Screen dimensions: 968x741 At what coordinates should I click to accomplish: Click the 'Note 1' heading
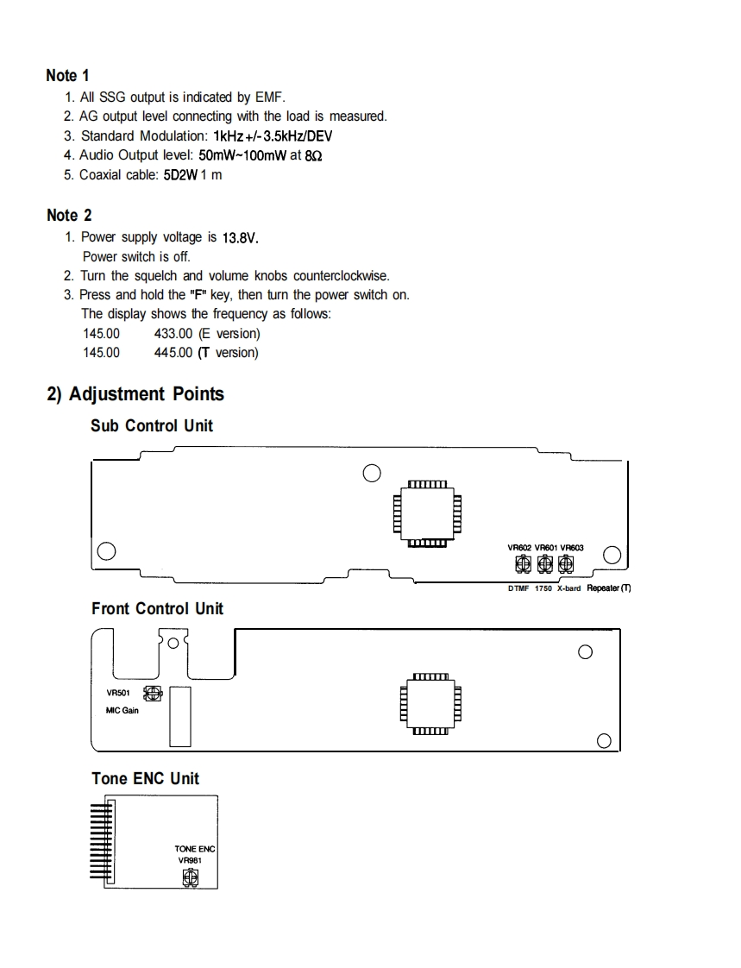68,76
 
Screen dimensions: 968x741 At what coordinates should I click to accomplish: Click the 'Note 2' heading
69,215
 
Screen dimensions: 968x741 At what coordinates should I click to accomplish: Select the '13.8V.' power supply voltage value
241,237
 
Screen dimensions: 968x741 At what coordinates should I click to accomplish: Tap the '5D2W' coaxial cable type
182,175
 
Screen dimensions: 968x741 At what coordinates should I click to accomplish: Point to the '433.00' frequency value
173,333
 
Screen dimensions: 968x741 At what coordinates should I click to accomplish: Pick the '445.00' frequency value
173,352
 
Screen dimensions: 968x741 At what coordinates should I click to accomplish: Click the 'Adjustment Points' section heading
146,394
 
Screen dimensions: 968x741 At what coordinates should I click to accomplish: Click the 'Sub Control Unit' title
152,425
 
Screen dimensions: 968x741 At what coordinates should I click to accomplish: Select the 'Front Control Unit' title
157,608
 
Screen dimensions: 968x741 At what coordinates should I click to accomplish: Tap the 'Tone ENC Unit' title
145,778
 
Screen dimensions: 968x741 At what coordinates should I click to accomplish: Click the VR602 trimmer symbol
522,564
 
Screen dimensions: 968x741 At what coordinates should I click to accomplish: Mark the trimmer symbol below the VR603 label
566,564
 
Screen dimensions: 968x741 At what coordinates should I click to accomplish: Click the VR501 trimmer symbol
154,693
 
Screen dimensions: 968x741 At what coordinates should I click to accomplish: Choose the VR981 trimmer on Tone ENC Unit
190,877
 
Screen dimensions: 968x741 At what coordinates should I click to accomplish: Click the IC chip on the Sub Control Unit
427,513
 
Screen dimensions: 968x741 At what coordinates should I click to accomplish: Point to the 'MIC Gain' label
122,711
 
